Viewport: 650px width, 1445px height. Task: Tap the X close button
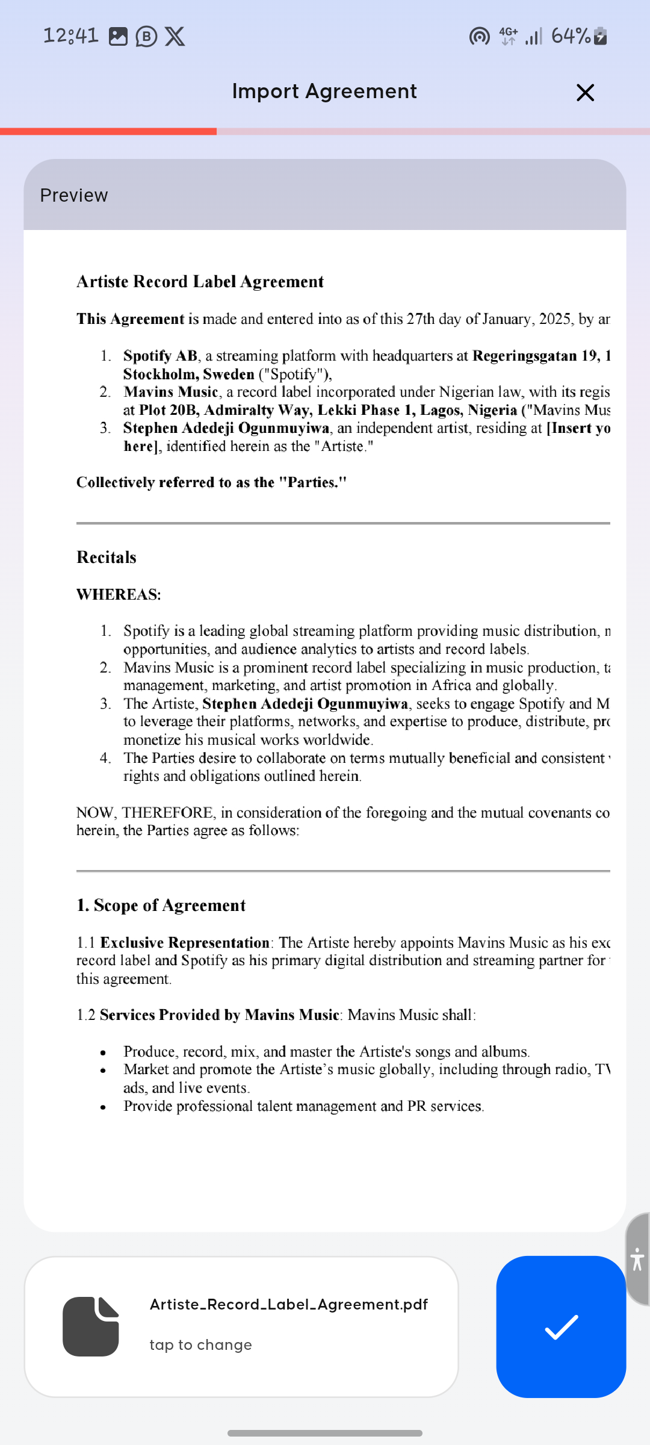(585, 93)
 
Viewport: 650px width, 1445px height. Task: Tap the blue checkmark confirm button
(561, 1327)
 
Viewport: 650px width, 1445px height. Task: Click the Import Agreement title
(324, 92)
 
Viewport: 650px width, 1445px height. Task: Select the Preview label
(74, 196)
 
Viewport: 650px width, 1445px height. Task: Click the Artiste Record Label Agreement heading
(200, 282)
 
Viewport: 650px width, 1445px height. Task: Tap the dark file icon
(91, 1326)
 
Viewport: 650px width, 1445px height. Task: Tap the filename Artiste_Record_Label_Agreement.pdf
(289, 1304)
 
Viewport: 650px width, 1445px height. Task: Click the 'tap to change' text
(201, 1345)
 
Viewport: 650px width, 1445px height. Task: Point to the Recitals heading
(107, 558)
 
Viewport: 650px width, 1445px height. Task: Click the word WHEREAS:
(119, 595)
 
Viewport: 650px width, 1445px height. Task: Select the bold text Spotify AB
(160, 356)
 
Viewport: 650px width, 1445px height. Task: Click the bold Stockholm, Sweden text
(189, 374)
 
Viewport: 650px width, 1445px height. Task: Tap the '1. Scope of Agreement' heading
(161, 906)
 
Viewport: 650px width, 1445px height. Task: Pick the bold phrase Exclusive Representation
(185, 943)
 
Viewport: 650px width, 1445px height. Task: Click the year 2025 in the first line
(555, 319)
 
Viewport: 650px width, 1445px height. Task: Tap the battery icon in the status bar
(601, 36)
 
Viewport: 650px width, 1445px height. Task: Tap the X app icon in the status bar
(175, 37)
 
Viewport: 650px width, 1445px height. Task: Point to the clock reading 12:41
(71, 36)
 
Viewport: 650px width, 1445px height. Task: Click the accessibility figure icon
(637, 1259)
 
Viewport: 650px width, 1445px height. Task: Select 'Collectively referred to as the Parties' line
(211, 483)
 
